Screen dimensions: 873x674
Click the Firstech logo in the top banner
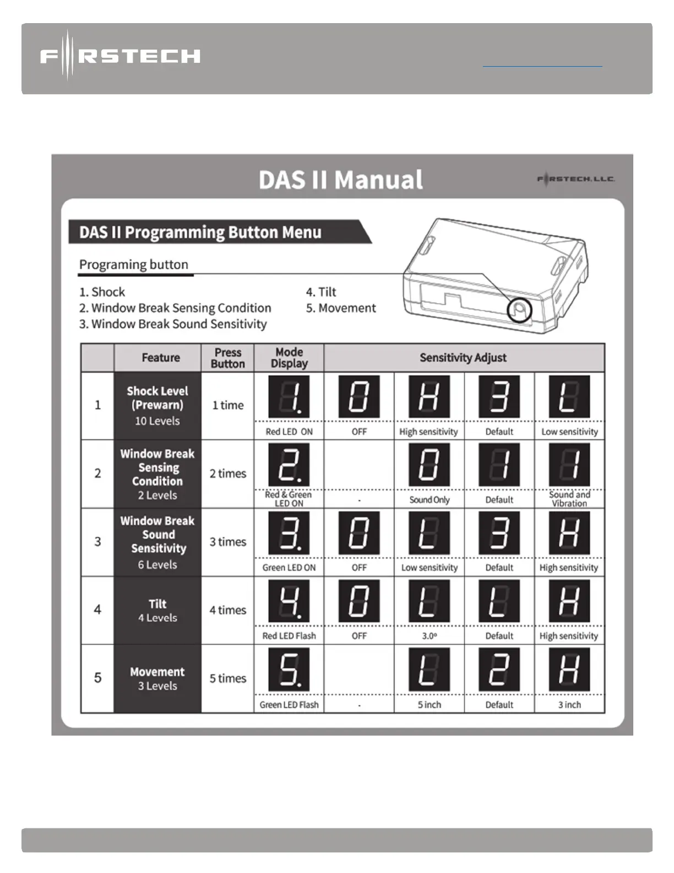tap(120, 56)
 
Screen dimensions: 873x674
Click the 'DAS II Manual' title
tap(341, 180)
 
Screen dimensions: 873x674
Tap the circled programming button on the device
tap(519, 310)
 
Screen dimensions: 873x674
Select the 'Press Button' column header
tap(227, 358)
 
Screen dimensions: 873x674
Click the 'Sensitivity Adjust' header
tap(463, 358)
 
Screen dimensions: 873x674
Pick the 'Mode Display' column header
tap(289, 358)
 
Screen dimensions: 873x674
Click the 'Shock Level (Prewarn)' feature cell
tap(157, 406)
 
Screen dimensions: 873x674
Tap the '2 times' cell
tap(227, 473)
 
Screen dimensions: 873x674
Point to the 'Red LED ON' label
tap(289, 432)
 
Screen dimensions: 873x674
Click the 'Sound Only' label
tap(430, 500)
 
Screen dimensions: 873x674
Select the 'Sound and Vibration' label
tap(569, 499)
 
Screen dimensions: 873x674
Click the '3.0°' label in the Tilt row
tap(430, 635)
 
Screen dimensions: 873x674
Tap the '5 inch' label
tap(430, 704)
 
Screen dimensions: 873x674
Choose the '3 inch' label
tap(569, 704)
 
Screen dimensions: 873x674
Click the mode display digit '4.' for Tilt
tap(289, 601)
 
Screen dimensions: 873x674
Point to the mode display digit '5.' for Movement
tap(289, 669)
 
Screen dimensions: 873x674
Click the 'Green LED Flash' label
tap(289, 704)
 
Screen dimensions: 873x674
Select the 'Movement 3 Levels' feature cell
tap(157, 678)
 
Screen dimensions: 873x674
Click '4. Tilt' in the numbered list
tap(321, 292)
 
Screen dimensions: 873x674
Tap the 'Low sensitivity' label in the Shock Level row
tap(569, 432)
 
